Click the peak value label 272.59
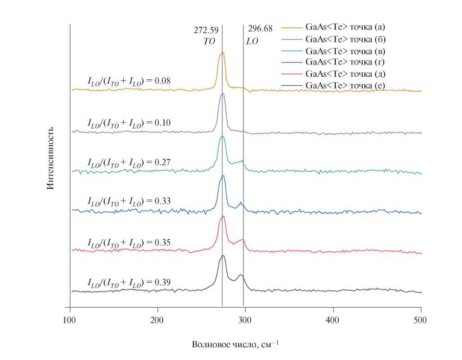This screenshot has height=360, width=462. tap(206, 30)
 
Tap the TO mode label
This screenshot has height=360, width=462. tap(209, 42)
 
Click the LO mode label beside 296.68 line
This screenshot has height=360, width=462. tap(252, 42)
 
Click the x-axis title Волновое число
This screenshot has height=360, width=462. tap(235, 344)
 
